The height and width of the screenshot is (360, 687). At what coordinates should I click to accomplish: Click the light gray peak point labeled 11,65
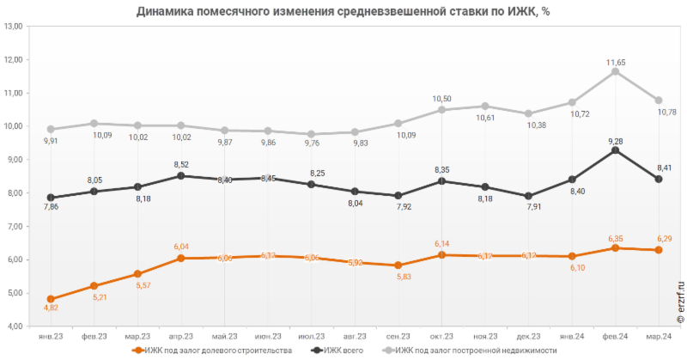(x=615, y=71)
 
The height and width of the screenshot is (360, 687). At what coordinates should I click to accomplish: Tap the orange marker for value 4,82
(x=51, y=299)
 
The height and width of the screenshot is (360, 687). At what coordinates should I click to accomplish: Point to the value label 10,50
(x=441, y=99)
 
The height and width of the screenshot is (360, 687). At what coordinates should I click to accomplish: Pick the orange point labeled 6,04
(x=180, y=258)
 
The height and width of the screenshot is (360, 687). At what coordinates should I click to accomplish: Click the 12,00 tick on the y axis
(x=14, y=60)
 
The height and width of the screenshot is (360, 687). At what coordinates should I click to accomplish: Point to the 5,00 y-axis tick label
(x=14, y=293)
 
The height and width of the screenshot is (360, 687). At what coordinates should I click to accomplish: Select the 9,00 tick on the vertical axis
(x=14, y=160)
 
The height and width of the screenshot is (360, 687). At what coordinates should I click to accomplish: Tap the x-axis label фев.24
(x=615, y=336)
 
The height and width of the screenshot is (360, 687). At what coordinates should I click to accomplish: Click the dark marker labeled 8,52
(x=180, y=175)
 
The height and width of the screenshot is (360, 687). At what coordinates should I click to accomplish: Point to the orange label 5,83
(x=398, y=277)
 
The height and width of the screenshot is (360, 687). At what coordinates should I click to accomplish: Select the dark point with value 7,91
(x=528, y=196)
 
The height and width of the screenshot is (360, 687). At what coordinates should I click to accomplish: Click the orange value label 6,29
(x=659, y=238)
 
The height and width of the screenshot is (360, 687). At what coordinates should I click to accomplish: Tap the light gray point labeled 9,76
(x=311, y=134)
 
